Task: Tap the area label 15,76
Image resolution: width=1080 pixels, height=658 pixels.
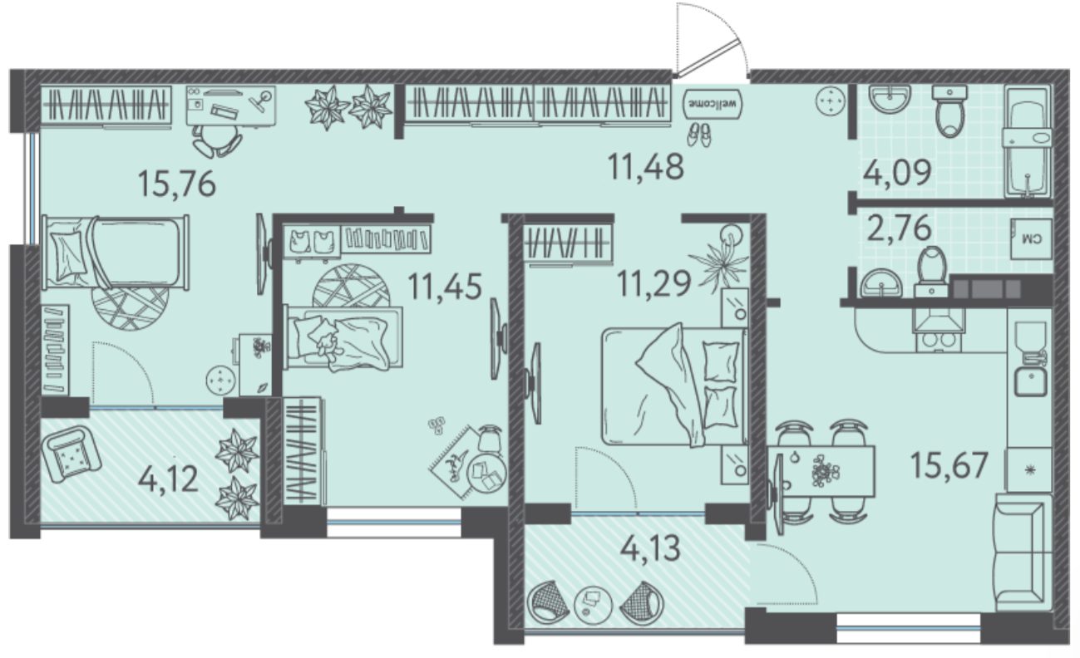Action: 176,184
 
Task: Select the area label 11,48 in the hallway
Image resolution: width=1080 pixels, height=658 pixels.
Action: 646,167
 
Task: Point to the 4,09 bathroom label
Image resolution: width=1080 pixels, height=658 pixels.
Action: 897,173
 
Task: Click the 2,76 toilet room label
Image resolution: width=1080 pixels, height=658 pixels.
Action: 900,228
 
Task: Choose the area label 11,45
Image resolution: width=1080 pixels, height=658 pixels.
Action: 445,286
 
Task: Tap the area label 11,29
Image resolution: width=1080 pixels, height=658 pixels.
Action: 653,283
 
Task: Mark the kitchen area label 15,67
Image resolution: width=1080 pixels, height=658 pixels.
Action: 949,465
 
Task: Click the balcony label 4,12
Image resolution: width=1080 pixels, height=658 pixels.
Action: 168,479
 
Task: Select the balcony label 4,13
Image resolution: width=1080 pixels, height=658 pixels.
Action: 649,548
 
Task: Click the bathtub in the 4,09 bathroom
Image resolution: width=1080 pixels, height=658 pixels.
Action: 1027,141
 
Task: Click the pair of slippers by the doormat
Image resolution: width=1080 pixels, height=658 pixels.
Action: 699,135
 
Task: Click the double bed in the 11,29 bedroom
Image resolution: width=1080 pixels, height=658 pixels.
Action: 674,385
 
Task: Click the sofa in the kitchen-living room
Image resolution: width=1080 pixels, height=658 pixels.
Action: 1021,552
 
